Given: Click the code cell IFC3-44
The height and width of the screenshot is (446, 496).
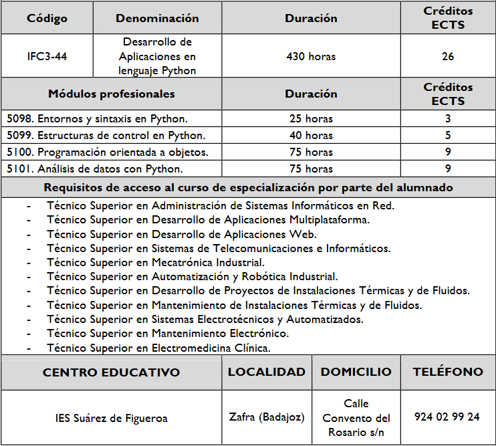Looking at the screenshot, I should pyautogui.click(x=47, y=56).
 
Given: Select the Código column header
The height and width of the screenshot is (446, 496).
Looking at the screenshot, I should pyautogui.click(x=47, y=18).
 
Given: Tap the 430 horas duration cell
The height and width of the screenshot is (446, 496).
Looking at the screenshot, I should pyautogui.click(x=311, y=56).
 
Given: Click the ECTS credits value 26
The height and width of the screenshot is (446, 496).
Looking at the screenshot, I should pyautogui.click(x=448, y=56).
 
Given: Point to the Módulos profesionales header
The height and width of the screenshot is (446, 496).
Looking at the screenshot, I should pyautogui.click(x=112, y=94).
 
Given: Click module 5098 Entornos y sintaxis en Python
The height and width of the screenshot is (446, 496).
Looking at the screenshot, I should pyautogui.click(x=97, y=119).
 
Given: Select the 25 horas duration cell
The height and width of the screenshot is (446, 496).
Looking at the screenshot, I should pyautogui.click(x=311, y=119).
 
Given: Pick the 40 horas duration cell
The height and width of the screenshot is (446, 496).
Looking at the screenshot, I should pyautogui.click(x=311, y=136).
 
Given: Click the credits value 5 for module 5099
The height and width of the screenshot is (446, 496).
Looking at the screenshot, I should pyautogui.click(x=448, y=136).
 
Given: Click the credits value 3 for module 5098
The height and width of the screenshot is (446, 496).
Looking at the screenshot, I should pyautogui.click(x=448, y=119).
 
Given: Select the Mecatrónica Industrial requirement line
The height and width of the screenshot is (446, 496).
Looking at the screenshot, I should pyautogui.click(x=156, y=262).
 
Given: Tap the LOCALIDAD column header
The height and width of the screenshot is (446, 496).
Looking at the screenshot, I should pyautogui.click(x=266, y=372).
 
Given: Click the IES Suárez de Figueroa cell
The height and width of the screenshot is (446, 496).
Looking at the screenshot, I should pyautogui.click(x=112, y=419).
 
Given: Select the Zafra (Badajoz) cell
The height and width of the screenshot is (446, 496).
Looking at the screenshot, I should pyautogui.click(x=267, y=417).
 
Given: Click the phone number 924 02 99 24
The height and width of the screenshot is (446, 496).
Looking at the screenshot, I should pyautogui.click(x=447, y=417).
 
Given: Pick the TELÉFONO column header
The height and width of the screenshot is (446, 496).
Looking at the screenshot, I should pyautogui.click(x=447, y=372).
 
